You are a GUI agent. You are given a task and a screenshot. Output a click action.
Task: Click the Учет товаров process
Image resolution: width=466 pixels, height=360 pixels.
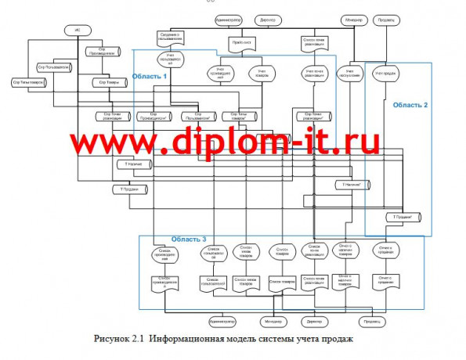[x=262, y=74]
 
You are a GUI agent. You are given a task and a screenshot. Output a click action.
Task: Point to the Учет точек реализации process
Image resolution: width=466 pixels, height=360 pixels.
[x=314, y=74]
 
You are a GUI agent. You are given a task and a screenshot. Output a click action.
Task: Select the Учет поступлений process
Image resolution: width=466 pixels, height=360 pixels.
[x=349, y=74]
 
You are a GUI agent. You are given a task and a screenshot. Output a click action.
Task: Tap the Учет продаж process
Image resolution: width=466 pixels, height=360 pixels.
[x=383, y=74]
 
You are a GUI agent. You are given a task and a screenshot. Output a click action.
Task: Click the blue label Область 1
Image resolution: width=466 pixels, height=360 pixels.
[x=148, y=77]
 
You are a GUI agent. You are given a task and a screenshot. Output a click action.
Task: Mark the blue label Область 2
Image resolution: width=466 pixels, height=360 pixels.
[x=410, y=104]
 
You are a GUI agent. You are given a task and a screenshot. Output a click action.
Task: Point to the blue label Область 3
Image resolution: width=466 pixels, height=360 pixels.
[x=188, y=238]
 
